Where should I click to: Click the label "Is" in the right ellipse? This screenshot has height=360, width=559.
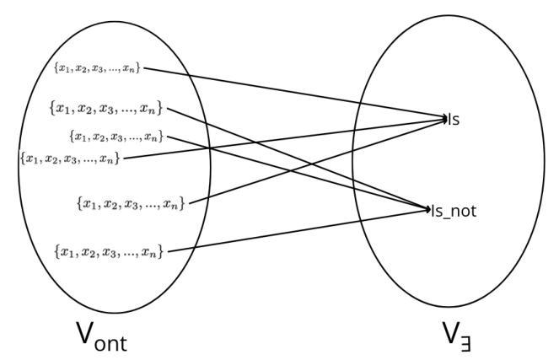[x=454, y=120]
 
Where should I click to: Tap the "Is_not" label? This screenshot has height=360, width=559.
[x=454, y=212]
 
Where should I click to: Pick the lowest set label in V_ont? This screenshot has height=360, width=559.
[x=106, y=250]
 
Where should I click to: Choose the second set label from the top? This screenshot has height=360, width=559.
[x=106, y=108]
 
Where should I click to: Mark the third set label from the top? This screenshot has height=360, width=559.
[x=116, y=136]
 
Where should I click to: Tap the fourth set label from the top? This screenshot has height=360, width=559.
[x=69, y=158]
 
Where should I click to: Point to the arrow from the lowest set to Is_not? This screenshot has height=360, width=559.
[x=295, y=229]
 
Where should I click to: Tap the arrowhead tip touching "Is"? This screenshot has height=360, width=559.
[x=446, y=119]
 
